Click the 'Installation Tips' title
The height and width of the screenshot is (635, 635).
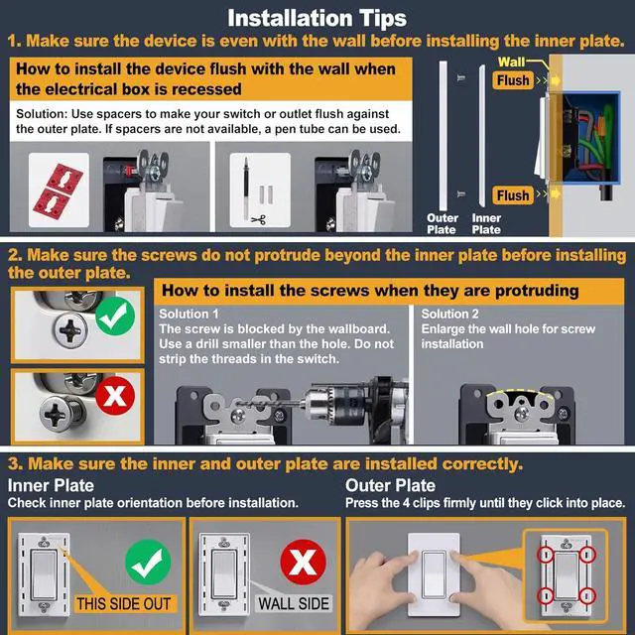[317, 18]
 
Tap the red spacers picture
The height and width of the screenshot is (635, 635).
[59, 190]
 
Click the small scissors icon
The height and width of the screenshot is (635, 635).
[258, 220]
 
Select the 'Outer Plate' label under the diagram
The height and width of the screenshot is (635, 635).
[443, 223]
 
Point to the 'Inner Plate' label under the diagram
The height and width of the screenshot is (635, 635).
[486, 223]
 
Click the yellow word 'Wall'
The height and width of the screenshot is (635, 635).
[512, 62]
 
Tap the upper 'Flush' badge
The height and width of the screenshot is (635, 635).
[513, 80]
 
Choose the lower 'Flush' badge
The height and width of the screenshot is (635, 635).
[513, 195]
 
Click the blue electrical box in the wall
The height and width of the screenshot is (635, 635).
[591, 138]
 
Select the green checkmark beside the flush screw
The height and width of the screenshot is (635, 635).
[115, 316]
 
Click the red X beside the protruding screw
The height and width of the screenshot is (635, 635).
[115, 396]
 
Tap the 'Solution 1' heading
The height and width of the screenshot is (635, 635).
[189, 314]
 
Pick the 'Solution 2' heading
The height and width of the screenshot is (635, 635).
[449, 314]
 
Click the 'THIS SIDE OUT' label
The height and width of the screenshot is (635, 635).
[123, 603]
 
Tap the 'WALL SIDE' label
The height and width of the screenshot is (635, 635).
[294, 603]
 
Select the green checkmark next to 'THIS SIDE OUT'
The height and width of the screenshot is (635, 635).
[148, 563]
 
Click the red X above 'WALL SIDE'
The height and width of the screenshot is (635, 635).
[303, 563]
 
